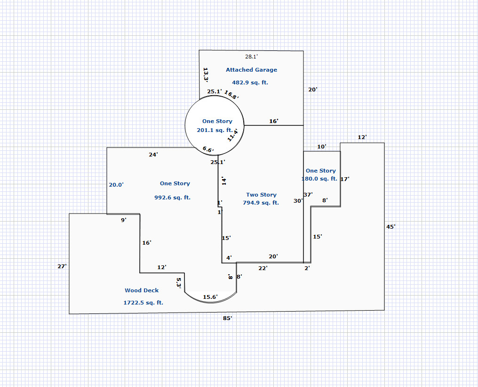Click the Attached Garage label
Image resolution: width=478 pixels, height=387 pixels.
[251, 70]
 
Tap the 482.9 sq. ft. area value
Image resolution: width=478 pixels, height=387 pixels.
[250, 82]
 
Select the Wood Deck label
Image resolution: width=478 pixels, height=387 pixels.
[142, 290]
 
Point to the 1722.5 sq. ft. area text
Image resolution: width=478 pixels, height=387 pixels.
[143, 303]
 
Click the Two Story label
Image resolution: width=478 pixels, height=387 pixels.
[261, 195]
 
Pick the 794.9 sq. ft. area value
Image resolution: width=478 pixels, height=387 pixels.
[261, 203]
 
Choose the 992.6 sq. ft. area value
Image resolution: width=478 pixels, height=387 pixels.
[172, 198]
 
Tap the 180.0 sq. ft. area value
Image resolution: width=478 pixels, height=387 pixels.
[319, 179]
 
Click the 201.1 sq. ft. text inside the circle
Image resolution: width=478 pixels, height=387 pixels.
[215, 130]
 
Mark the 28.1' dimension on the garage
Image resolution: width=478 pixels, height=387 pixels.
[252, 57]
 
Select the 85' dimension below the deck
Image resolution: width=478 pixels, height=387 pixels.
[227, 318]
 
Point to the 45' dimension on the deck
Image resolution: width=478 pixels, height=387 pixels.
[390, 227]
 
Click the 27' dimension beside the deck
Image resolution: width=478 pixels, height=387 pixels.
[62, 266]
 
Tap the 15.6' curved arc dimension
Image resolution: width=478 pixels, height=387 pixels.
[210, 297]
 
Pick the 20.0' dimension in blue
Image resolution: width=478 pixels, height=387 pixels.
[116, 185]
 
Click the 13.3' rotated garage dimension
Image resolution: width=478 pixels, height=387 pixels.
[206, 74]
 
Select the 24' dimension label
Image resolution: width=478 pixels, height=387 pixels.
[153, 155]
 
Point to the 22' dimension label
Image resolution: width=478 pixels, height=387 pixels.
[263, 268]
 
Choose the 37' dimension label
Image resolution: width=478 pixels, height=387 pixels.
[308, 194]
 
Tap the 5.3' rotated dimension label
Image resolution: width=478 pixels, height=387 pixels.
[179, 283]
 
